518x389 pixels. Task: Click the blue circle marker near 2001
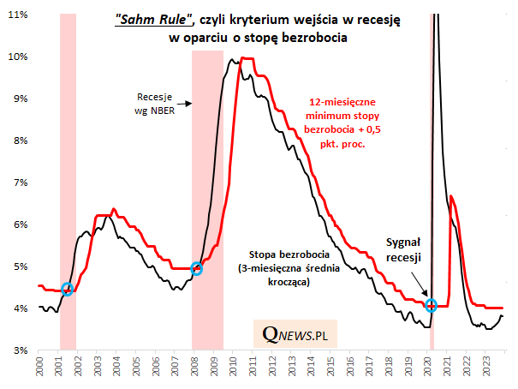68,289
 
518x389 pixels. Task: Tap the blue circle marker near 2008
196,268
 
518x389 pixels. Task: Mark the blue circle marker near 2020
432,305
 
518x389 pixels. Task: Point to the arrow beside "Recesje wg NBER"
187,104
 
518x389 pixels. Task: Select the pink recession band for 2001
68,171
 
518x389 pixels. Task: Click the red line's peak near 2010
247,58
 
